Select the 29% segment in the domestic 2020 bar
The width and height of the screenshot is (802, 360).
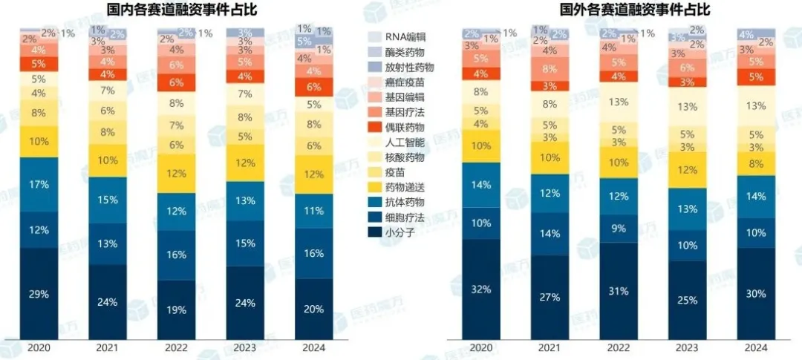[x=39, y=294]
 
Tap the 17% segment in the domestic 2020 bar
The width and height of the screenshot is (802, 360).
[x=39, y=183]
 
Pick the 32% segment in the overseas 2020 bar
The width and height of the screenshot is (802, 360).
[x=481, y=289]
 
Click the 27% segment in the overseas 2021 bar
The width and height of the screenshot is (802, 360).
[x=550, y=297]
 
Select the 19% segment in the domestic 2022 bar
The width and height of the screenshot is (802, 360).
[x=177, y=310]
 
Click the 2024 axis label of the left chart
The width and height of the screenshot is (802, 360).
[x=314, y=347]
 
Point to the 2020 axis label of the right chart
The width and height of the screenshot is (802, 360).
[x=481, y=347]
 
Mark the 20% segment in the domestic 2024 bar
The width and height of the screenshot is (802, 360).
[x=314, y=309]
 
